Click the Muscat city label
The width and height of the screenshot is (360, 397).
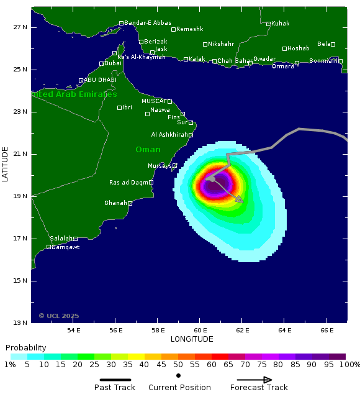154,101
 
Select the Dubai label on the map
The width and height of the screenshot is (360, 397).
112,63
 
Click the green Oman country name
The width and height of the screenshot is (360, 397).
148,150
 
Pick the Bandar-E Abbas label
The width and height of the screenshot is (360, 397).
146,23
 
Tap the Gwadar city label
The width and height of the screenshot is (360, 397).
264,59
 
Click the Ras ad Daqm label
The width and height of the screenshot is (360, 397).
129,183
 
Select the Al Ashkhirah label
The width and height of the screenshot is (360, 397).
169,135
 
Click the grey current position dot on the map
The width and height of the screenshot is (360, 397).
212,179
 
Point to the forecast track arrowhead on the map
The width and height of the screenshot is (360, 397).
240,200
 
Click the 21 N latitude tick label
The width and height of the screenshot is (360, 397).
20,154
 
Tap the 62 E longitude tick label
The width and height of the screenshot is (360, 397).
242,330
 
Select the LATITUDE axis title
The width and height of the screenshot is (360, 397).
6,165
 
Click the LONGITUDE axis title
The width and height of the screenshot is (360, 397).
191,339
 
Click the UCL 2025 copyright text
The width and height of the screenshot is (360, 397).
59,316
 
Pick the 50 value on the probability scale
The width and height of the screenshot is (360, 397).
178,365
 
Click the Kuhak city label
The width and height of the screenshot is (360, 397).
281,24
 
